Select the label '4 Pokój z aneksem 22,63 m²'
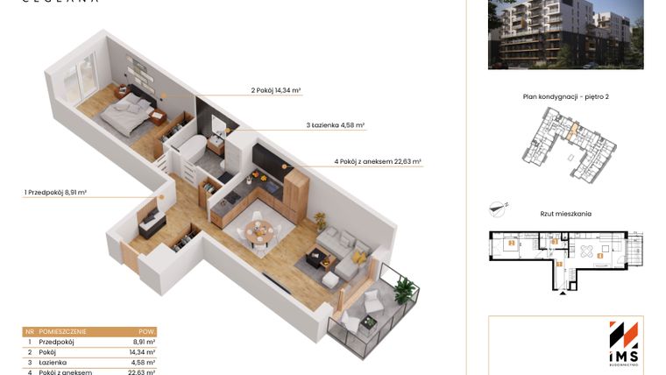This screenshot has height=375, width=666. click(x=378, y=161)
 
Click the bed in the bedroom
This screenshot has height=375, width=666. click(x=127, y=112)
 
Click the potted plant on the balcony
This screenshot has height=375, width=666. click(x=404, y=288)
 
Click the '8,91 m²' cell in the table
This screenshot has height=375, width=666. click(x=143, y=342)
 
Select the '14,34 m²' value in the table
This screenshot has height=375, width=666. click(x=143, y=352)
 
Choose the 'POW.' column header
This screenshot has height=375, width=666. click(x=146, y=332)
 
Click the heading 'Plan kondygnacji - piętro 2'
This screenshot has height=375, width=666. click(x=565, y=97)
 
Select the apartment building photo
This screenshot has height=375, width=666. click(x=565, y=33)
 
